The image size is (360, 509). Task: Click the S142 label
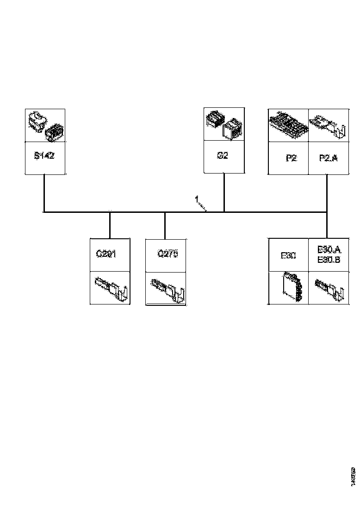(44, 156)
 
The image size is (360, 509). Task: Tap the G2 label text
(223, 155)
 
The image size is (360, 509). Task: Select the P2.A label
(329, 158)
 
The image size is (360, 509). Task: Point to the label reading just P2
(291, 158)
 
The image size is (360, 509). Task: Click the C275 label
(168, 254)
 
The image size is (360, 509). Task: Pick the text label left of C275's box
(106, 254)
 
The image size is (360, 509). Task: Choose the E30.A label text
(329, 249)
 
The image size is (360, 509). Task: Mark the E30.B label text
(329, 259)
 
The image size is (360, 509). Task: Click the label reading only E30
(288, 255)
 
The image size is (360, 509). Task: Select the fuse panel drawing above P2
(288, 125)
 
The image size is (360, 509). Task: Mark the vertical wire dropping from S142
(43, 193)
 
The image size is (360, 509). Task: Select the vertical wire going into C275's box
(165, 225)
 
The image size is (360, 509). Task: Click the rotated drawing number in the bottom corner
(353, 476)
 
